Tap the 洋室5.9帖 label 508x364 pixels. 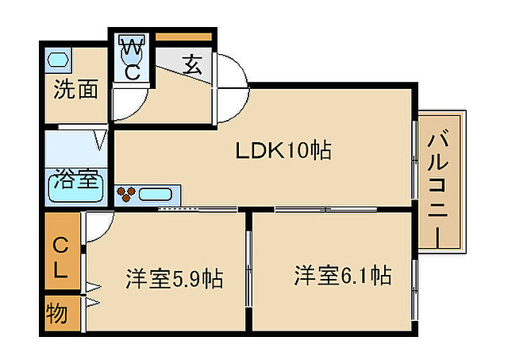174,279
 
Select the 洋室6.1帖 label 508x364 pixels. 342,276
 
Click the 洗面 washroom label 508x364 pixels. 75,89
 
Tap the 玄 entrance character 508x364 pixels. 192,64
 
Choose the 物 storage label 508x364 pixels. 57,314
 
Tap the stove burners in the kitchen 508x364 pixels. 126,194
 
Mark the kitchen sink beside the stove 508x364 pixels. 159,194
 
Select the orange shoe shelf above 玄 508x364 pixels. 183,37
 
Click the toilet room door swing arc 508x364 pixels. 129,101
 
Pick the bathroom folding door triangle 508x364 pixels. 100,140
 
